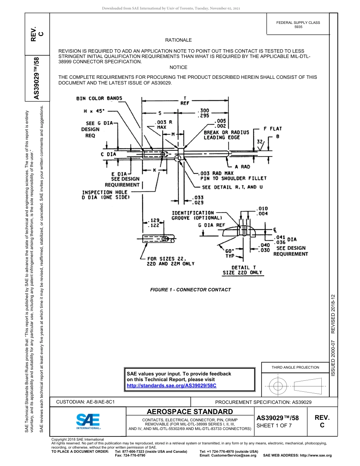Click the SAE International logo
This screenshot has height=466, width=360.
[x=88, y=421]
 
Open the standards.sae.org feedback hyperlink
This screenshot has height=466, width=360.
[x=171, y=385]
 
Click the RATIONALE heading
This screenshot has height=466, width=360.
[x=178, y=40]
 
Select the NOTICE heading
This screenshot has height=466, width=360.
[x=178, y=67]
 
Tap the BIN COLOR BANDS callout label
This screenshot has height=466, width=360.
[x=99, y=99]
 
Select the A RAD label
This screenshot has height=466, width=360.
[x=242, y=167]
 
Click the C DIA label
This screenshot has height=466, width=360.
[x=108, y=154]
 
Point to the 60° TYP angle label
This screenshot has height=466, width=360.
[x=230, y=253]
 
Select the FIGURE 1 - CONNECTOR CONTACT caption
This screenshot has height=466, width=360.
[x=190, y=290]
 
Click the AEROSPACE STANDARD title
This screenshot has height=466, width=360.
[x=190, y=412]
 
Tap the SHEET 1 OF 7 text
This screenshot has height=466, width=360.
[x=274, y=425]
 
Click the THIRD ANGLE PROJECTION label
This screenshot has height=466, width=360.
[x=295, y=367]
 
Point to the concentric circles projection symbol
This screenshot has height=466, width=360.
[x=278, y=386]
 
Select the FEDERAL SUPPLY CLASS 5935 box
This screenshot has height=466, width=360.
[x=298, y=25]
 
